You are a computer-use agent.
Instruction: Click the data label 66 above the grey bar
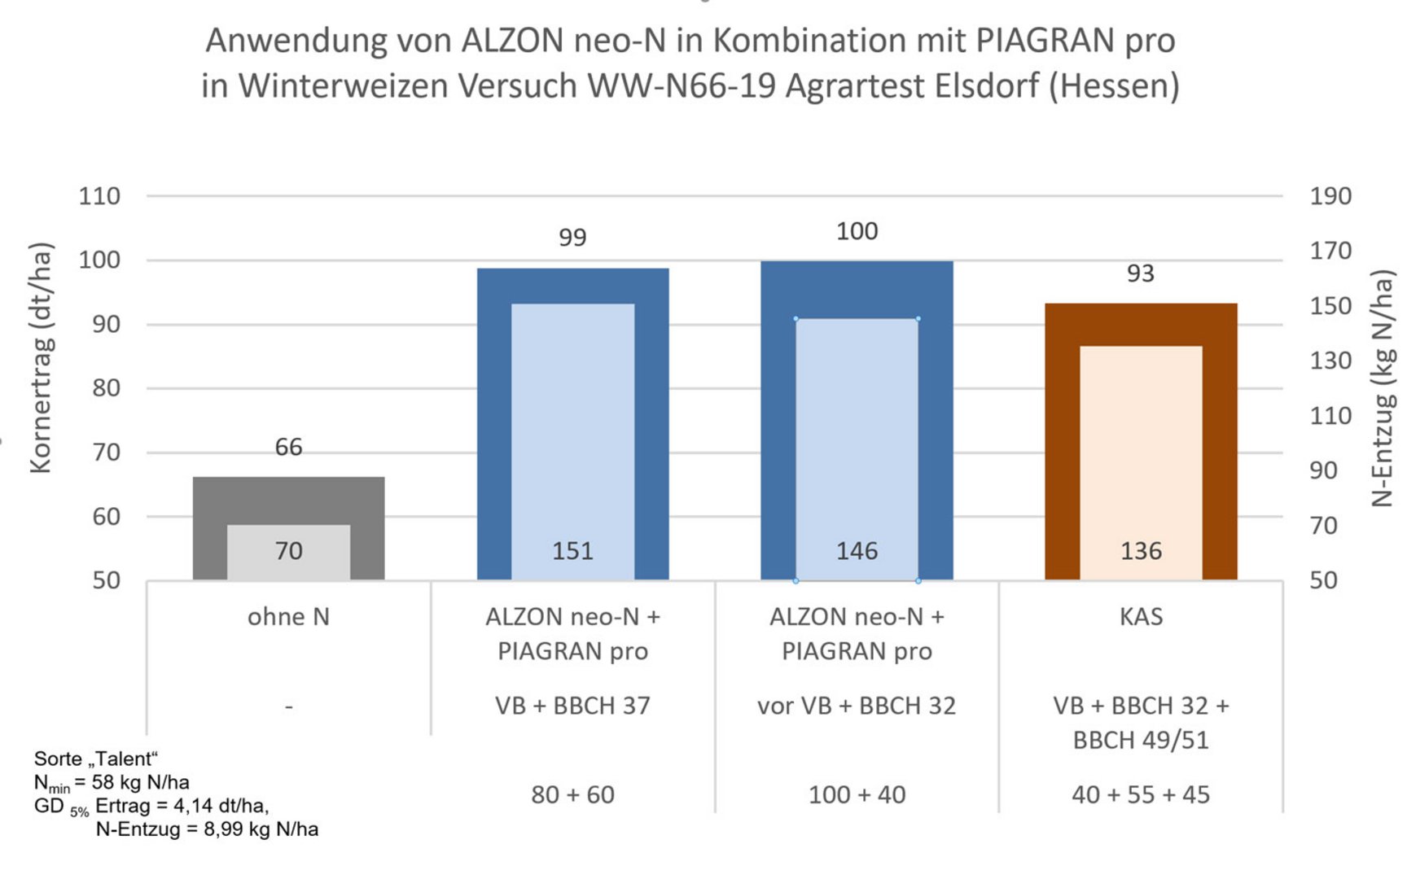click(x=288, y=447)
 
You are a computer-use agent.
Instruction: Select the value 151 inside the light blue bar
click(x=572, y=551)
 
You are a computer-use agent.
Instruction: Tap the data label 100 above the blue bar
click(x=857, y=231)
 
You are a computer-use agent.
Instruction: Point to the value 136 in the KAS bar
click(x=1141, y=551)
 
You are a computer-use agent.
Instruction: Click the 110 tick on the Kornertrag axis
click(x=99, y=196)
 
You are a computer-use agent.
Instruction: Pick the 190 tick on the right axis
click(x=1330, y=196)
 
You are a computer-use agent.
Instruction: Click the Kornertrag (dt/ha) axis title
click(x=41, y=358)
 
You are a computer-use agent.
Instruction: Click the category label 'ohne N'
click(x=288, y=617)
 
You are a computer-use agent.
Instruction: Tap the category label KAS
click(x=1141, y=617)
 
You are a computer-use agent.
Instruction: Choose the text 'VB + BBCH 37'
click(x=572, y=706)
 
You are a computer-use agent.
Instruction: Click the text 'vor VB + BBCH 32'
click(x=857, y=706)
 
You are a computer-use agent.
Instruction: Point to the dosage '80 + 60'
click(x=572, y=794)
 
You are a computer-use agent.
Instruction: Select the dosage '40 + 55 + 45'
click(x=1141, y=794)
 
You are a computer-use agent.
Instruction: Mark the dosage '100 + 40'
click(x=857, y=794)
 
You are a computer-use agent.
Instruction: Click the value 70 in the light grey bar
click(x=288, y=551)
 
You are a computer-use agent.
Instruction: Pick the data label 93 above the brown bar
click(x=1141, y=273)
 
